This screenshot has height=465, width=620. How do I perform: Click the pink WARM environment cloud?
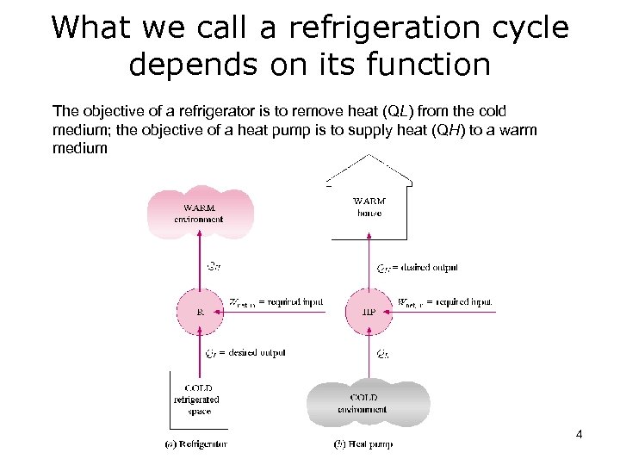199,213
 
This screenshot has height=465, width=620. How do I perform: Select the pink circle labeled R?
200,312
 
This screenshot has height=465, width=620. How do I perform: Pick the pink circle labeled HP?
369,312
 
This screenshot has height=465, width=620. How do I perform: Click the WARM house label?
369,208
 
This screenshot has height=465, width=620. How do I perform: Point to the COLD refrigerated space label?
197,400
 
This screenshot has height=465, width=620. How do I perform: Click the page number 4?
579,435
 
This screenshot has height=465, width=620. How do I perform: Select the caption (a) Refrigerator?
196,444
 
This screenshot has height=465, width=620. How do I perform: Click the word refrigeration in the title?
369,28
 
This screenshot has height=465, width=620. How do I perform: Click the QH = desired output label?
418,268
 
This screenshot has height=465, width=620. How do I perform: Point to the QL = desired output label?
245,353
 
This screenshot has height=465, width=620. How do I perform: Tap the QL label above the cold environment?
385,354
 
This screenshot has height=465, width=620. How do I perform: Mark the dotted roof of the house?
370,167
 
